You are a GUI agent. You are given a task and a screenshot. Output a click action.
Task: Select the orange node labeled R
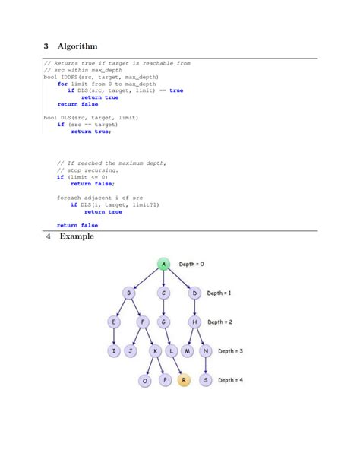(x=183, y=379)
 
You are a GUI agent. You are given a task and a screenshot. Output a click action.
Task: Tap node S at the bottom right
(x=205, y=379)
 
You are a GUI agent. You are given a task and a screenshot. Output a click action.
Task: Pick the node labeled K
(x=155, y=351)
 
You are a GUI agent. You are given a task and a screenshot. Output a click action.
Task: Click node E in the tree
(x=114, y=322)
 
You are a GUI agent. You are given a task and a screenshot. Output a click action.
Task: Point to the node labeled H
(x=194, y=322)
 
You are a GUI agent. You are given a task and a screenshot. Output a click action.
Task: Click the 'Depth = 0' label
(x=191, y=264)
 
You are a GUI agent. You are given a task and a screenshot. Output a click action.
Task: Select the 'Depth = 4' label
(x=232, y=379)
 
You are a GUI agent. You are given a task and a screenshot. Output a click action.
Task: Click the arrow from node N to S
(x=205, y=366)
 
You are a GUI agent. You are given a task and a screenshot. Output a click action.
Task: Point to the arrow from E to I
(x=114, y=337)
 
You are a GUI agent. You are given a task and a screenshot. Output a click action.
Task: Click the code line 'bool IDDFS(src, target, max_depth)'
(x=100, y=77)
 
